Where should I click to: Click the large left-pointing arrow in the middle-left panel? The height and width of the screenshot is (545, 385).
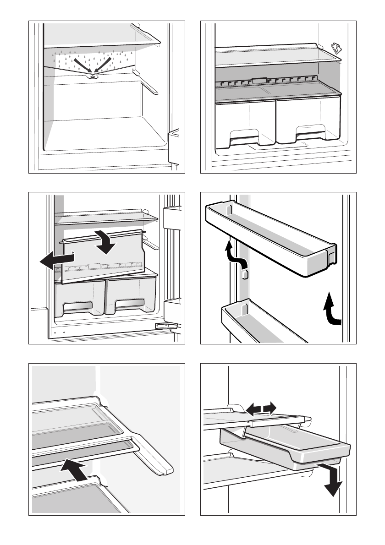tap(50, 262)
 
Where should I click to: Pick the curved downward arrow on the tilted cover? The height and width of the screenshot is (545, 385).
tap(106, 242)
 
